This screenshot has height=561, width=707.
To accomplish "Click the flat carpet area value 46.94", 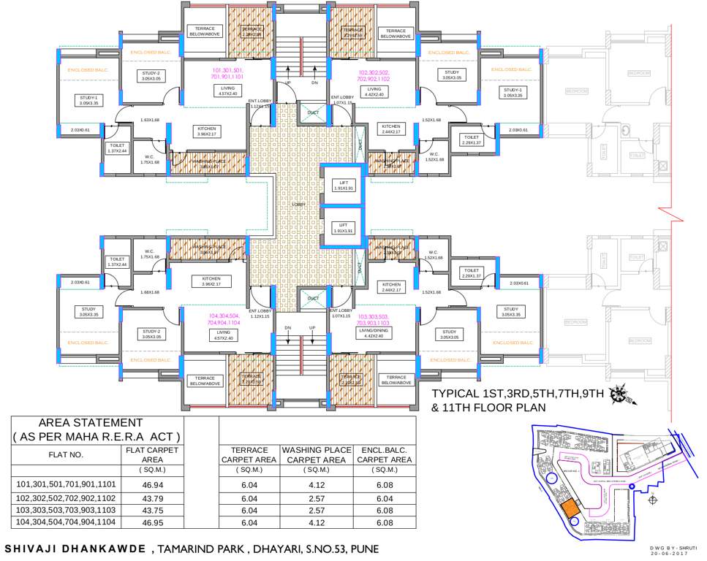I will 152,484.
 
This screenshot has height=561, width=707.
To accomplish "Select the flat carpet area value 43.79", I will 152,497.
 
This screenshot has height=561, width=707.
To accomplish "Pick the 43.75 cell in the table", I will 152,511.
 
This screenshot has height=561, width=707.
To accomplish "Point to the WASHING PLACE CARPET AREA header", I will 315,454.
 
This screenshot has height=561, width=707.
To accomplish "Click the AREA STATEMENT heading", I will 90,422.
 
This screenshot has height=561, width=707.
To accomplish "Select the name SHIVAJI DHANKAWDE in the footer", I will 74,548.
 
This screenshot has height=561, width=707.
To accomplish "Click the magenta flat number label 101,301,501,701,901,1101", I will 222,73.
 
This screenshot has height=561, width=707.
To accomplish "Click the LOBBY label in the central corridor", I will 298,205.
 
